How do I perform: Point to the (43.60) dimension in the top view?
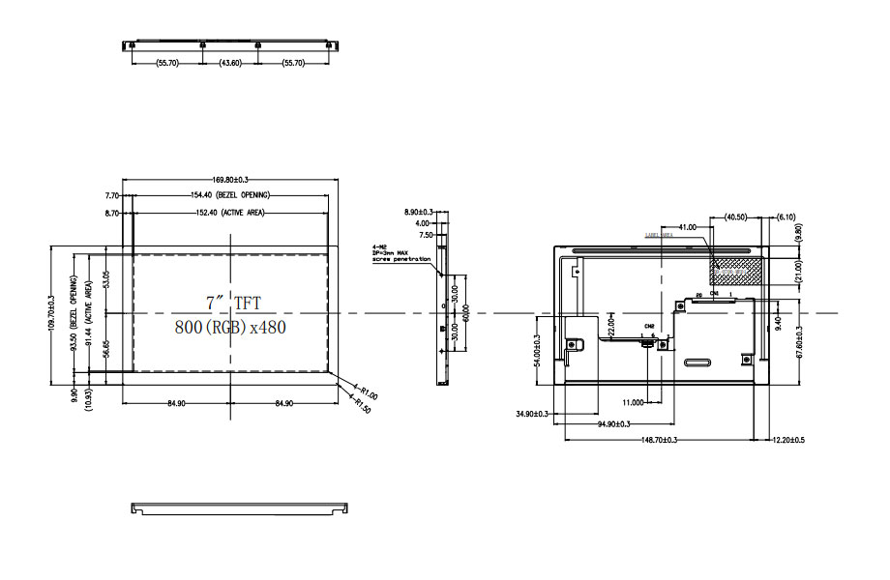click(230, 62)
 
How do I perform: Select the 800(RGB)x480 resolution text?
click(230, 327)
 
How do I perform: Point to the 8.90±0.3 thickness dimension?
click(419, 211)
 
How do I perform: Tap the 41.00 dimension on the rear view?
click(687, 226)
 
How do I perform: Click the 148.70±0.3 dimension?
click(659, 440)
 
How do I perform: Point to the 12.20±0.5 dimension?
click(788, 440)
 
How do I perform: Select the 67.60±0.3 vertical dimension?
click(799, 341)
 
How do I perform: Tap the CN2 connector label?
click(650, 327)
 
